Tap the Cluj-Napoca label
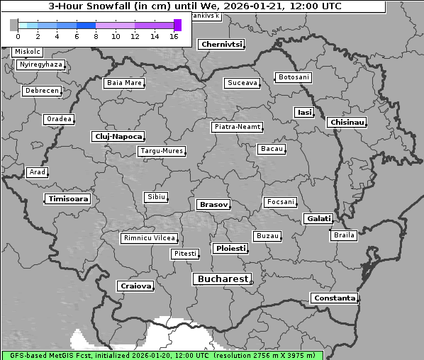[118, 136]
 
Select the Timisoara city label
[68, 199]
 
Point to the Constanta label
[334, 298]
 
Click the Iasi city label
[304, 112]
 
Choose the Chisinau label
[347, 123]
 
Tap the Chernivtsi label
[221, 44]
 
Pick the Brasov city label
[213, 204]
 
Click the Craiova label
[135, 286]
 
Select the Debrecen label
[41, 91]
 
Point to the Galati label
[318, 219]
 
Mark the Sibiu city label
[155, 196]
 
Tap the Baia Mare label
[124, 83]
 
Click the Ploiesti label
[230, 249]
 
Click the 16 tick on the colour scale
[173, 35]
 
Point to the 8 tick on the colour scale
[95, 35]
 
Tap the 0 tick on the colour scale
[17, 35]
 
